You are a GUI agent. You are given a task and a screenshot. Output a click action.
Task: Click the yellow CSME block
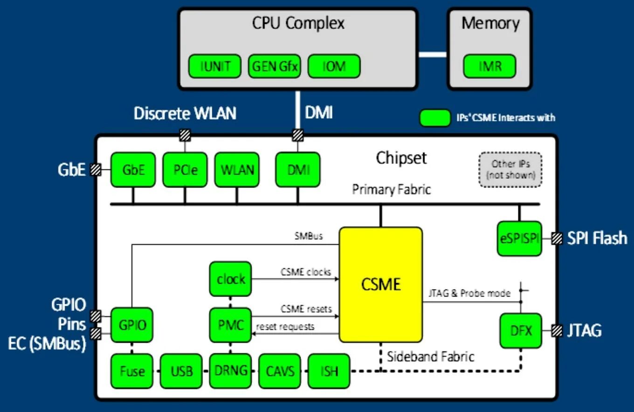[x=381, y=284]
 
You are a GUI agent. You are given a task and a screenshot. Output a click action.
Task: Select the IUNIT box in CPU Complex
[x=215, y=66]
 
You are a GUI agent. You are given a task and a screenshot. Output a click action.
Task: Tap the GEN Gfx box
[x=275, y=66]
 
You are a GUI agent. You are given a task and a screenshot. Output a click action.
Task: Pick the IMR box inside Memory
[x=489, y=66]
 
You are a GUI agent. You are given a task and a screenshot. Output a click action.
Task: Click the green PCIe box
[x=185, y=170]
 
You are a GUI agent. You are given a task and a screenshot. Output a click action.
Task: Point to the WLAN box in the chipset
[x=237, y=170]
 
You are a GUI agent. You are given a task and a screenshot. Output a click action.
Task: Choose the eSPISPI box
[x=519, y=238]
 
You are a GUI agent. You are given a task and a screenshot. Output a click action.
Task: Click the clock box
[x=231, y=279]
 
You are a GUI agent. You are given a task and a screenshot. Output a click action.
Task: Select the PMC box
[x=231, y=324]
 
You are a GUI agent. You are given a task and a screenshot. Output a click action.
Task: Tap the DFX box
[x=520, y=331]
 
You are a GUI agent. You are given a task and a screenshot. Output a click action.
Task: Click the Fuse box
[x=132, y=371]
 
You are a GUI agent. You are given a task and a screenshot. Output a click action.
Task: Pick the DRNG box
[x=231, y=371]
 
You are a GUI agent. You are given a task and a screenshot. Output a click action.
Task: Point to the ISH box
[x=329, y=371]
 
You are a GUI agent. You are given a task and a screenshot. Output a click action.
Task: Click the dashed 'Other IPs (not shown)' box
[x=510, y=169]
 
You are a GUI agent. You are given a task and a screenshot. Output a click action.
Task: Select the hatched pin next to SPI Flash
[x=557, y=238]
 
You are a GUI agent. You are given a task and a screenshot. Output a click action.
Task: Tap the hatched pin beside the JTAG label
[x=557, y=331]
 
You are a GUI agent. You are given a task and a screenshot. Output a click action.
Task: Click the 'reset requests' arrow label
[x=285, y=326]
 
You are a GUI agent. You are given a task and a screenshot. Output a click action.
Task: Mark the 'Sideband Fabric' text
[x=430, y=357]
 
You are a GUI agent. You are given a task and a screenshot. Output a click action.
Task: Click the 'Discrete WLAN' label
[x=185, y=113]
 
